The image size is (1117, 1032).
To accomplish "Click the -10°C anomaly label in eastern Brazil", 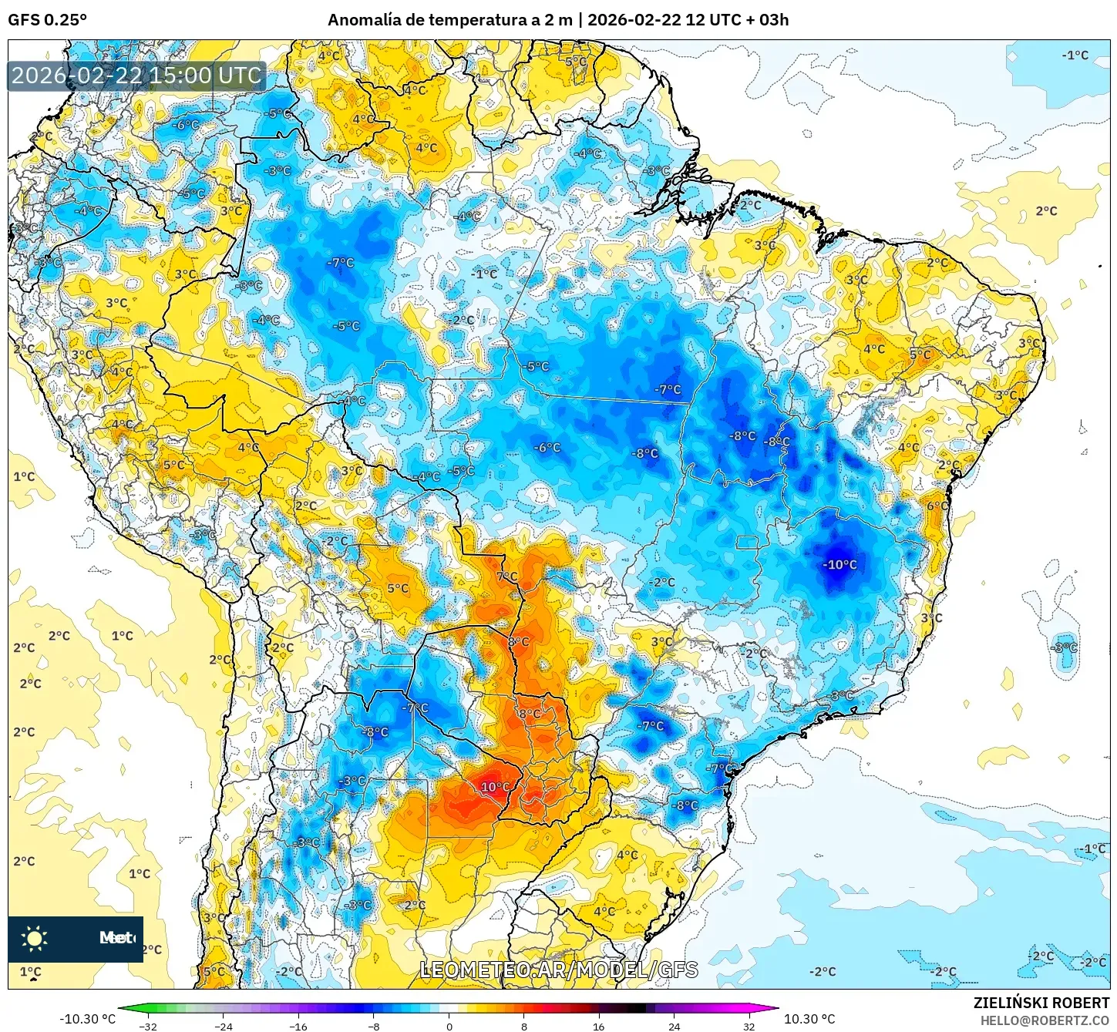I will pyautogui.click(x=839, y=565).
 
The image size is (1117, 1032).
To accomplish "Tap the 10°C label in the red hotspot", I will pyautogui.click(x=495, y=787).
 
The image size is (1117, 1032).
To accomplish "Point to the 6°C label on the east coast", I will pyautogui.click(x=937, y=506).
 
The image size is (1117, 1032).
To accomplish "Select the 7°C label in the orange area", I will pyautogui.click(x=507, y=577).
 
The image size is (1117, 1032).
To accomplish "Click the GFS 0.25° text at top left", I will pyautogui.click(x=47, y=20).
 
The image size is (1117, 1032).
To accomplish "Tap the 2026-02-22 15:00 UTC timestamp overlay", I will pyautogui.click(x=136, y=76).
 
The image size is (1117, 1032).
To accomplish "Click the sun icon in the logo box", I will pyautogui.click(x=35, y=938).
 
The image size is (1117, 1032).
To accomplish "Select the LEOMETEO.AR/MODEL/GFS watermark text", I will pyautogui.click(x=559, y=970).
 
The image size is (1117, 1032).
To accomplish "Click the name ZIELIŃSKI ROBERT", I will pyautogui.click(x=1041, y=1003).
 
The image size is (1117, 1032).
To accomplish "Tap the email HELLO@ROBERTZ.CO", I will pyautogui.click(x=1045, y=1020).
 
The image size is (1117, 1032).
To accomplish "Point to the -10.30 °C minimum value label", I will pyautogui.click(x=87, y=1019).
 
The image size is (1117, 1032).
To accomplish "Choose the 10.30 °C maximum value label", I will pyautogui.click(x=809, y=1019).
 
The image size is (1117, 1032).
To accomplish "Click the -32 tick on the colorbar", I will pyautogui.click(x=148, y=1027).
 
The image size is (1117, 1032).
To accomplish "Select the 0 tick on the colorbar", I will pyautogui.click(x=449, y=1027).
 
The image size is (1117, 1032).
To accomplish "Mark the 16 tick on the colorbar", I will pyautogui.click(x=599, y=1027).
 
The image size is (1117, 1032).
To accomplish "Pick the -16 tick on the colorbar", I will pyautogui.click(x=298, y=1027).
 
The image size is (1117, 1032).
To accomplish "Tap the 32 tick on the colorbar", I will pyautogui.click(x=749, y=1027).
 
